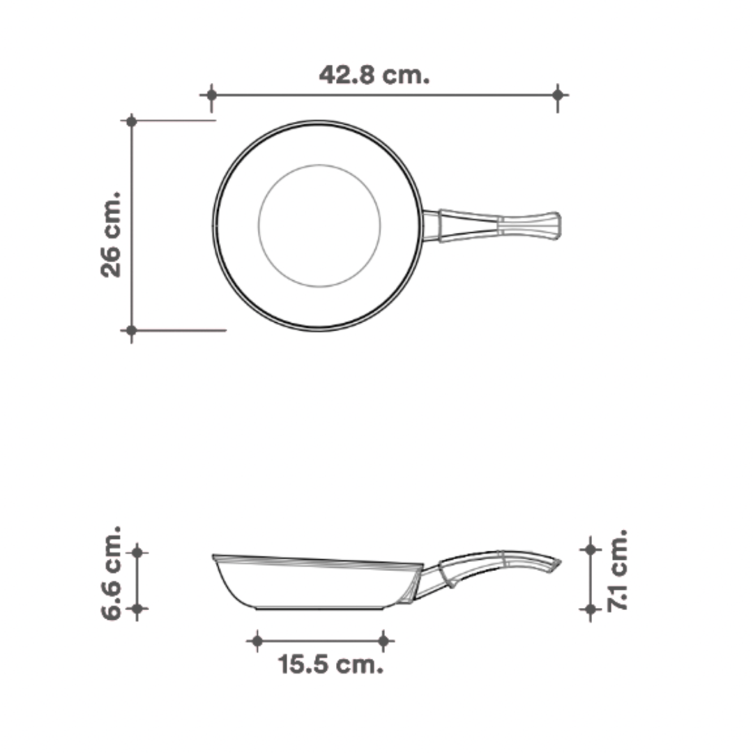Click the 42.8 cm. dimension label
pyautogui.click(x=374, y=74)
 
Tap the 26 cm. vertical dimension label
pyautogui.click(x=112, y=234)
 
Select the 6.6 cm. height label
pyautogui.click(x=112, y=573)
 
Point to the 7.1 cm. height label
pyautogui.click(x=618, y=570)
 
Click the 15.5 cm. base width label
pyautogui.click(x=331, y=664)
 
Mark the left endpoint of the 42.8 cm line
pyautogui.click(x=211, y=94)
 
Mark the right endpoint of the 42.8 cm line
pyautogui.click(x=557, y=94)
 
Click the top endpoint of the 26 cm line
pyautogui.click(x=131, y=121)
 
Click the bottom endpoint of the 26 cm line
pyautogui.click(x=131, y=330)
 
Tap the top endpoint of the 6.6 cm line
pyautogui.click(x=137, y=552)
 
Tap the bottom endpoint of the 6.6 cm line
pyautogui.click(x=137, y=609)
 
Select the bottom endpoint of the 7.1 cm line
pyautogui.click(x=591, y=609)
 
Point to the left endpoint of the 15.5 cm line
pyautogui.click(x=257, y=640)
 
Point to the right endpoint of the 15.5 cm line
pyautogui.click(x=383, y=640)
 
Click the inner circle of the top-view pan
pyautogui.click(x=319, y=225)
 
